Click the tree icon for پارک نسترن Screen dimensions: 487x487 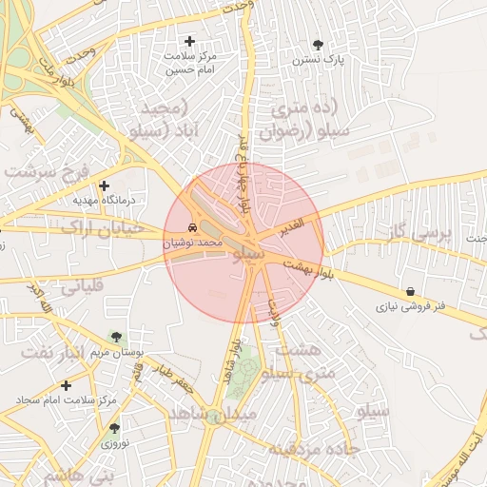(x=318, y=45)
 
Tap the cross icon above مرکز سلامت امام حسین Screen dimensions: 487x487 (x=190, y=41)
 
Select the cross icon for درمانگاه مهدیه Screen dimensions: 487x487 (x=104, y=185)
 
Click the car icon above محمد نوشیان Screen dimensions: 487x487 (x=193, y=229)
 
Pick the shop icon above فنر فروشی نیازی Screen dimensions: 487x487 (x=410, y=291)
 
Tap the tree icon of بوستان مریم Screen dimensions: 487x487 (x=116, y=337)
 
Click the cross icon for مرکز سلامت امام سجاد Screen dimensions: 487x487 (x=66, y=385)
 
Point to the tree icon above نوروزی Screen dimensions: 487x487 (x=115, y=428)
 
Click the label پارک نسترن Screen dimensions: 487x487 (x=318, y=59)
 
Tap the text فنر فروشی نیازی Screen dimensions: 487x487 (x=410, y=307)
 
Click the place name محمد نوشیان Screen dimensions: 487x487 (x=193, y=243)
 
